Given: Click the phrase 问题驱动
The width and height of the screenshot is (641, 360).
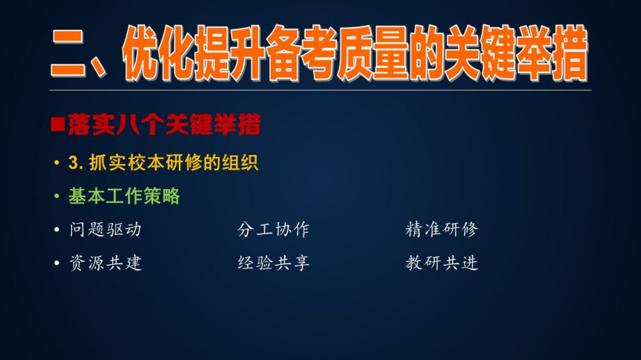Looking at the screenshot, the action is click(106, 229).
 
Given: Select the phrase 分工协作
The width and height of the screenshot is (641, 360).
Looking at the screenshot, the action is click(273, 229).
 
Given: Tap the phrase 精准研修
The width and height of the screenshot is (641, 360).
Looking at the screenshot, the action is click(442, 229).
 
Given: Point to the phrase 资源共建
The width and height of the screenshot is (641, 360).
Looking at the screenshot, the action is click(106, 263).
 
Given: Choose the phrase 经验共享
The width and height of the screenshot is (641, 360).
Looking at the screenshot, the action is click(273, 263).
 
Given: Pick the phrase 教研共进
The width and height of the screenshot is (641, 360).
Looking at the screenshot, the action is click(442, 263).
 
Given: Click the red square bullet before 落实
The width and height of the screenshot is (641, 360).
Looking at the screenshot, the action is click(58, 124).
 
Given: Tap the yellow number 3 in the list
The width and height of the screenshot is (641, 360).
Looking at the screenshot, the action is click(74, 163).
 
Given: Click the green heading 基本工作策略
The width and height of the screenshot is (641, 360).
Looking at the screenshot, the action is click(124, 196).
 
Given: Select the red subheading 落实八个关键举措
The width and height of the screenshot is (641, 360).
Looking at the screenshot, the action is click(164, 124).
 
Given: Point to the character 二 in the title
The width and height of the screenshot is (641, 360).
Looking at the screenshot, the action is click(69, 53).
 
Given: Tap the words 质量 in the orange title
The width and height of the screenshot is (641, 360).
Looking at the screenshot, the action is click(373, 53).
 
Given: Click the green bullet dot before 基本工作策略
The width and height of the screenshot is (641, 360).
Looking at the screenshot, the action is click(57, 197).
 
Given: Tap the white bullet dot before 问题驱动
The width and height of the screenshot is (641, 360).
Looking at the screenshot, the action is click(57, 230).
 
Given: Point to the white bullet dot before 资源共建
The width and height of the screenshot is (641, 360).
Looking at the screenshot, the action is click(57, 263).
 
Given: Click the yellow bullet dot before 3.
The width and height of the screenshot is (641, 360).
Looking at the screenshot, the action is click(57, 163).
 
